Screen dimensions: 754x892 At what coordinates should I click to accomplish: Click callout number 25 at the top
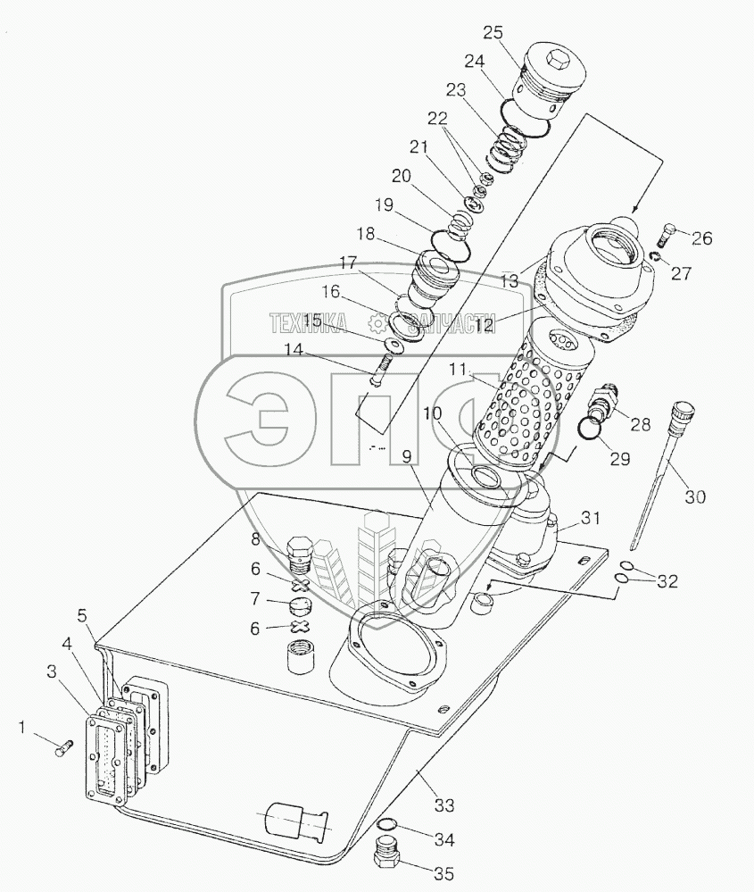click(493, 34)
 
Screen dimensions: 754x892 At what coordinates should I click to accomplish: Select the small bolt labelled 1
click(62, 751)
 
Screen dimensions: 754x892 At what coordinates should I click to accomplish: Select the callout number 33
click(443, 805)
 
